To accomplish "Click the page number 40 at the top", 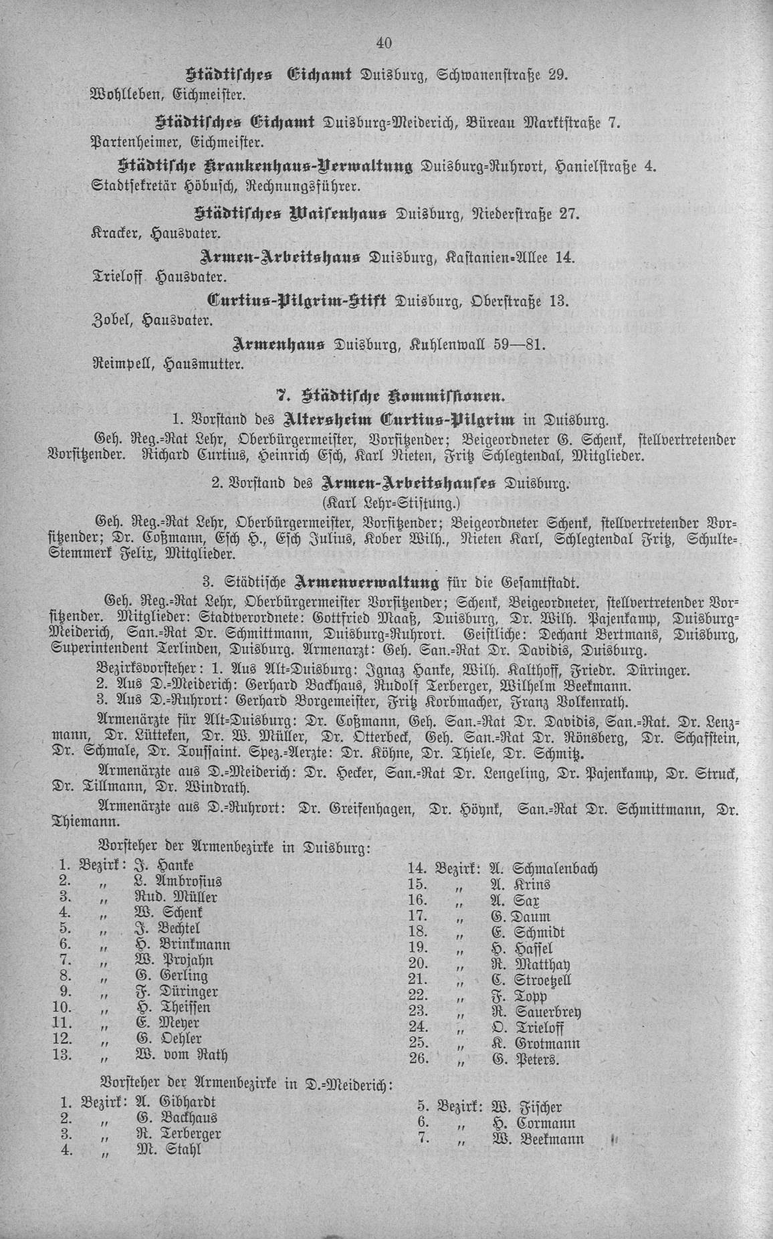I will (384, 43).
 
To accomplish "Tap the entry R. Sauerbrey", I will (537, 1011).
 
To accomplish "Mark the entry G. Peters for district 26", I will (525, 1060).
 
